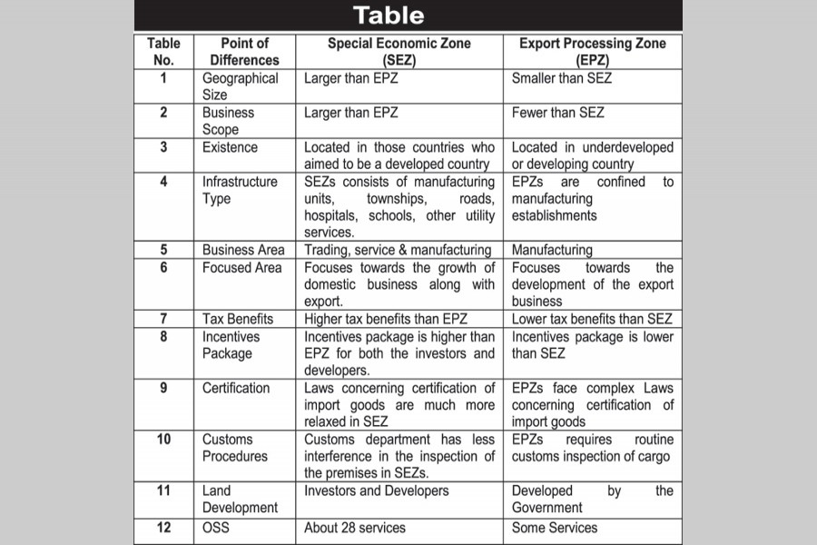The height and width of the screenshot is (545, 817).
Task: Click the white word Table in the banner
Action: pos(389,15)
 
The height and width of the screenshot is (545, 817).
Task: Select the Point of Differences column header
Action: pos(244,51)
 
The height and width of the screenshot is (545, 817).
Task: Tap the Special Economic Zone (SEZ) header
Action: pos(399,51)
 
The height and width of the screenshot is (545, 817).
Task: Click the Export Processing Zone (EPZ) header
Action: pos(592,51)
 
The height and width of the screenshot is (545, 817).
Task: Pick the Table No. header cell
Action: pos(163,51)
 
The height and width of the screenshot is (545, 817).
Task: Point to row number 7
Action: pos(163,319)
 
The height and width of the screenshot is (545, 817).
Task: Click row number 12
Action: pos(163,528)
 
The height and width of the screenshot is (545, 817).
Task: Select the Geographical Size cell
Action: pos(240,86)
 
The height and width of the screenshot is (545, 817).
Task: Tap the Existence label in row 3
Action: pos(230,147)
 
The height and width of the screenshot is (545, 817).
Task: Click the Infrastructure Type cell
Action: pos(240,190)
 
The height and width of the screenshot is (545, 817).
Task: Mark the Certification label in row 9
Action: pos(236,388)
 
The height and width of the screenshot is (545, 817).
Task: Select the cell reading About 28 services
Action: pos(355,528)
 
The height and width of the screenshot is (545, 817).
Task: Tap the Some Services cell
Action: pos(555,528)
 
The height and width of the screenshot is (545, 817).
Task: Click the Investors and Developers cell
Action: pos(376,490)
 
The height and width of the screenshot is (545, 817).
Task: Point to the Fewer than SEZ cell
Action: pos(557,113)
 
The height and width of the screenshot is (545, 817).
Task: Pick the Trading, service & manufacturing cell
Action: pos(398,250)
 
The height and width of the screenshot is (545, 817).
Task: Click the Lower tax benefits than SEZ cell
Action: pos(592,319)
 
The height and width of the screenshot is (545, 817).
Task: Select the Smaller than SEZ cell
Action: pos(562,78)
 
